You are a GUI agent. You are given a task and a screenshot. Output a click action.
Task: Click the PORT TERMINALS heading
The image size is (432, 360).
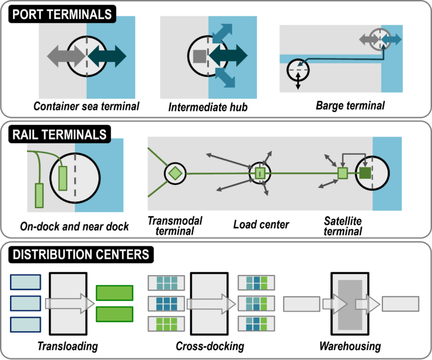point(62,15)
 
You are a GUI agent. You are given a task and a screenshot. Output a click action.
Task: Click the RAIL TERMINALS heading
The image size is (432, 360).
point(59,135)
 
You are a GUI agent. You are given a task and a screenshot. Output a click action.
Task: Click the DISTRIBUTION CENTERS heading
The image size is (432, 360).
point(81,255)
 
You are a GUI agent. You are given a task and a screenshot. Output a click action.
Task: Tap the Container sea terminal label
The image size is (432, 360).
point(86,106)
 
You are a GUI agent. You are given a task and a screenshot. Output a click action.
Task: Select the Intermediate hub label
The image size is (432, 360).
point(208,106)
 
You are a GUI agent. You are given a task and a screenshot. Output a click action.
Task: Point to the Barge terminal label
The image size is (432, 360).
point(342,105)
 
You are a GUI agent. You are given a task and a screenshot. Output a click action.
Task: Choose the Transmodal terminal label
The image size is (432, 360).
point(175,226)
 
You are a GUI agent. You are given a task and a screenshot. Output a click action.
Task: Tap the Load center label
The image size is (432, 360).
point(261,225)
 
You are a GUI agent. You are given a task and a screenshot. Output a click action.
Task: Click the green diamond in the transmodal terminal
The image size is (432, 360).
point(175,174)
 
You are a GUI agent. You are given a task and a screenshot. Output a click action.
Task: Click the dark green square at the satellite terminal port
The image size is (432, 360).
point(365,173)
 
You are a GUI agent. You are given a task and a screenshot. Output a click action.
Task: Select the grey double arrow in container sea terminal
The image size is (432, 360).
point(66,56)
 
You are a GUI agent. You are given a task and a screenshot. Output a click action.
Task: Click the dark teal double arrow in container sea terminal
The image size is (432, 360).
point(107,56)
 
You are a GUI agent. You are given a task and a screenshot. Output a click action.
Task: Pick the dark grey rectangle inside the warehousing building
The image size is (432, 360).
point(350,304)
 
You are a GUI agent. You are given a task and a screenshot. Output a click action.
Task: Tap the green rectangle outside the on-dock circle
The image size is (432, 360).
point(39,195)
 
